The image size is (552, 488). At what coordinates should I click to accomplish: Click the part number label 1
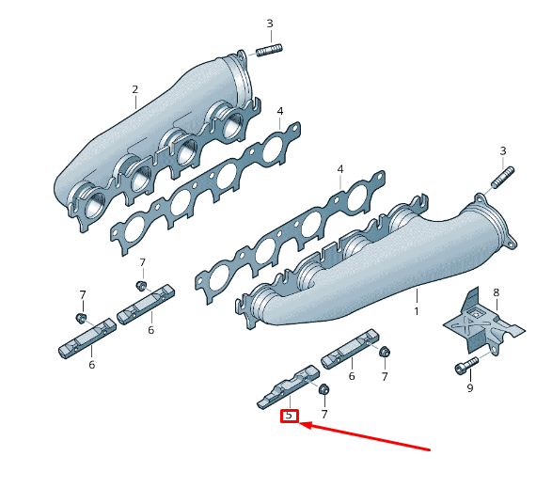[416, 309]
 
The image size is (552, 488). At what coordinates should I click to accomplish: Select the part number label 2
[134, 90]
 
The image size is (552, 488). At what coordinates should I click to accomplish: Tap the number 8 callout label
[496, 292]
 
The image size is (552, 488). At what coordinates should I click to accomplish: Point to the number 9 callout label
[470, 387]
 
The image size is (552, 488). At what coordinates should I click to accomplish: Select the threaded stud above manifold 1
[501, 176]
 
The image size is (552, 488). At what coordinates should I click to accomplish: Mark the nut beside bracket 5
[323, 389]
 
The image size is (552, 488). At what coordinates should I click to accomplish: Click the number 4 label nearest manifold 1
[340, 170]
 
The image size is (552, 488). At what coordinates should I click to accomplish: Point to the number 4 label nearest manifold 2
[279, 112]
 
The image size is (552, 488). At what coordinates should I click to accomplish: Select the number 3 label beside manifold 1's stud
[502, 150]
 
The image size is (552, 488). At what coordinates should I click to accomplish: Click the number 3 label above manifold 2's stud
[269, 24]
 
